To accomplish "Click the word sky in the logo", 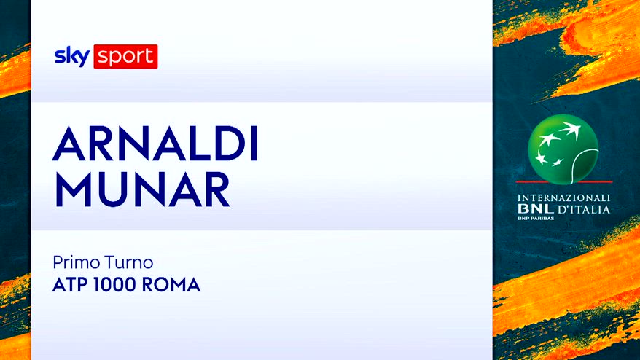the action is (x=72, y=56).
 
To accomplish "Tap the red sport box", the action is (x=125, y=56).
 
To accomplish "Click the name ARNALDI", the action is (x=155, y=144).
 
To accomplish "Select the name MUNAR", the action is (x=142, y=189).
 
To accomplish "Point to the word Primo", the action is (x=77, y=262).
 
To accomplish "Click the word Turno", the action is (x=129, y=262).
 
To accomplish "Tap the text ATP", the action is (x=71, y=285).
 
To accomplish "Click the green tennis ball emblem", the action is (x=563, y=149).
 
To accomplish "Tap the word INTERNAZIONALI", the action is (x=563, y=198).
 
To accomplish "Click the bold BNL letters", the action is (x=536, y=209).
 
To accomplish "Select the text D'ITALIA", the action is (x=584, y=210).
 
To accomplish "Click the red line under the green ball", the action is (x=564, y=181).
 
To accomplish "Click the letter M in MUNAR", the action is (x=73, y=189).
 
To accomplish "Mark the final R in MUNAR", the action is (x=217, y=189).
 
